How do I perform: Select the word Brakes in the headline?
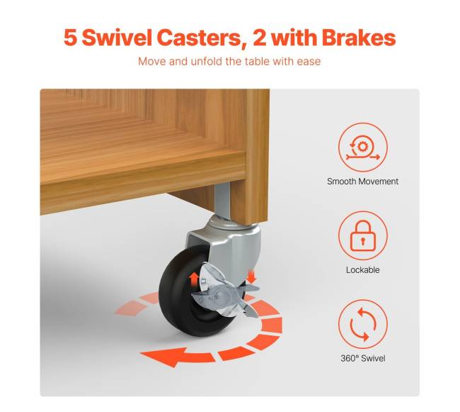tap(359, 38)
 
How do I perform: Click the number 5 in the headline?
tap(70, 38)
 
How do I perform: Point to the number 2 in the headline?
tap(260, 38)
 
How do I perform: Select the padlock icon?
tap(363, 235)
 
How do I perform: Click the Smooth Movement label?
tap(362, 182)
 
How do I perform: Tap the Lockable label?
tap(362, 269)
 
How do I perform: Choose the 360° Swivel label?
tap(363, 358)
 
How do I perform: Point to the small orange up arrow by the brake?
tap(193, 279)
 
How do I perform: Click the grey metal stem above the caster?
tap(222, 201)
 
